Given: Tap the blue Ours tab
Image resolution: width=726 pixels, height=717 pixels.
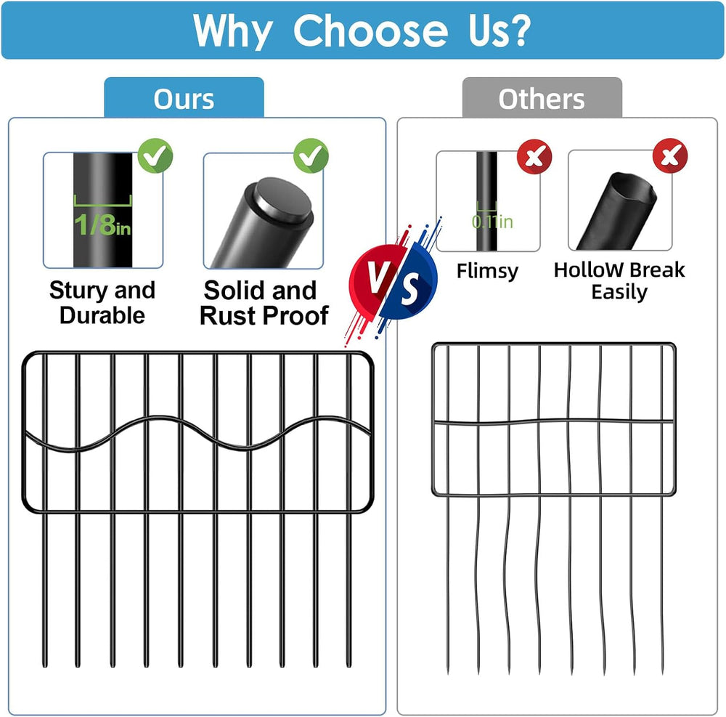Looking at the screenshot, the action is click(184, 97).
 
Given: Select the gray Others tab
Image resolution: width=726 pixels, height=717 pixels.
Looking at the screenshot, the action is click(542, 97).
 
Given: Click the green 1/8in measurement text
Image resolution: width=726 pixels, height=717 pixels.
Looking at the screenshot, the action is click(102, 224).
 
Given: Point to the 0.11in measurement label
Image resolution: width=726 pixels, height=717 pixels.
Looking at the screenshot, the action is click(492, 222).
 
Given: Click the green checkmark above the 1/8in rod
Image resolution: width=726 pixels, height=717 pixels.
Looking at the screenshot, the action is click(155, 155).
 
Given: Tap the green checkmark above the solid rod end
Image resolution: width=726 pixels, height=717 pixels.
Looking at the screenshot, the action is click(311, 155).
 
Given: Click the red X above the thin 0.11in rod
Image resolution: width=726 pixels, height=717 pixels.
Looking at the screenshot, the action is click(534, 157).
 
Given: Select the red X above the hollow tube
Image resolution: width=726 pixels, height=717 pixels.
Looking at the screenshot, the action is click(670, 155).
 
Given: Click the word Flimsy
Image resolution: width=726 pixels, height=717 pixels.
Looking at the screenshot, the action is click(488, 272).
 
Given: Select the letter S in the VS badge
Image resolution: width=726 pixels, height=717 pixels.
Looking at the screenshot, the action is click(409, 289).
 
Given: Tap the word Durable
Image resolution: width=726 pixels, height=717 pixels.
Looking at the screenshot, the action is click(102, 315).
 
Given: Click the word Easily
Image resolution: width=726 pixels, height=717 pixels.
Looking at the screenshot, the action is click(619, 292).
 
